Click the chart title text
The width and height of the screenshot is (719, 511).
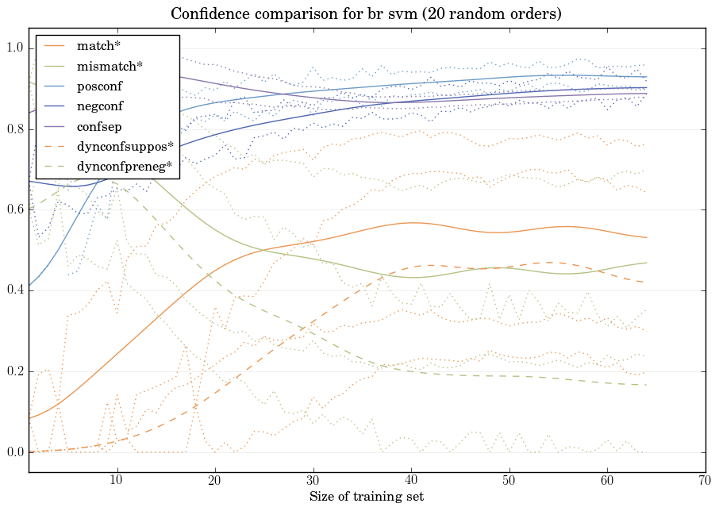pos(366,13)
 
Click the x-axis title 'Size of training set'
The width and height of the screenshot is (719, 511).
pos(366,497)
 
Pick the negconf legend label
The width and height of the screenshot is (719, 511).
pos(100,106)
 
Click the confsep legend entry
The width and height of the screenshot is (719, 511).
pos(98,125)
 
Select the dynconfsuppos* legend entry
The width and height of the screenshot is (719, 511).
pos(125,146)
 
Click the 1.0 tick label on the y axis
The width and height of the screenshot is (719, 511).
pos(15,48)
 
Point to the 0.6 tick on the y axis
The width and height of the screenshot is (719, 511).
pos(15,210)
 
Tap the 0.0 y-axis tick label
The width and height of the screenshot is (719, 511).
pos(15,452)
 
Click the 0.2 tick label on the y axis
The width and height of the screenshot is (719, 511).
pos(15,371)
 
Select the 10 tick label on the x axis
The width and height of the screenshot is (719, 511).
pos(117,481)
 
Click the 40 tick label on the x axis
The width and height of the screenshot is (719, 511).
pos(411,481)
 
